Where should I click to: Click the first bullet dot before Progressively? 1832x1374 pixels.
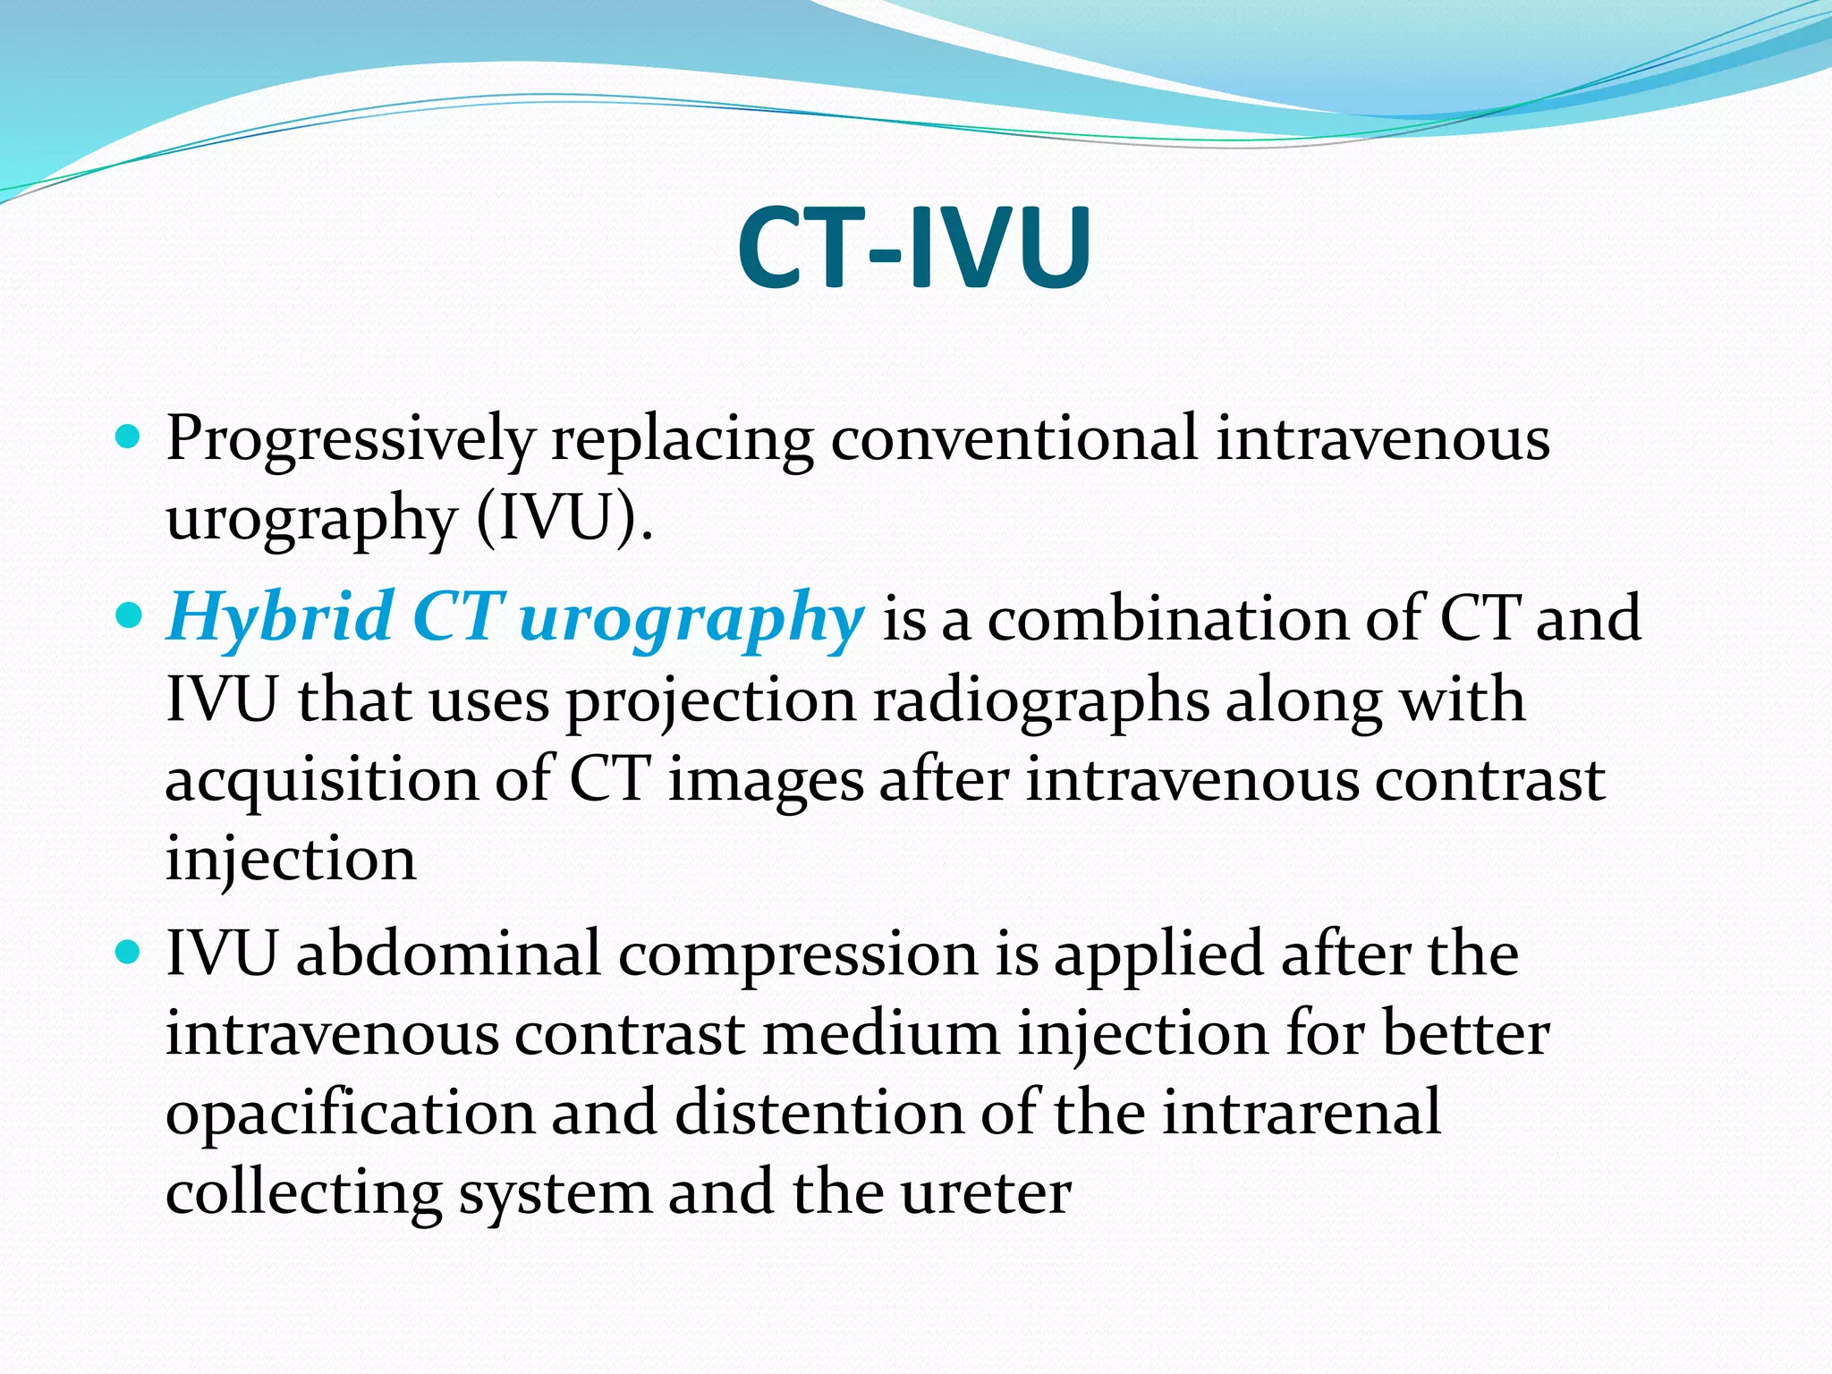tap(129, 437)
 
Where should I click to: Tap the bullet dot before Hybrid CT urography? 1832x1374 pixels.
tap(129, 616)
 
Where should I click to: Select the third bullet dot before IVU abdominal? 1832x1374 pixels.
tap(129, 953)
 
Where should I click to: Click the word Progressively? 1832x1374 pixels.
tap(350, 440)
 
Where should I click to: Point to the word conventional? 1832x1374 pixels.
tap(1014, 440)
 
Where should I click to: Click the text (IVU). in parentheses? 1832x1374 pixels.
tap(564, 519)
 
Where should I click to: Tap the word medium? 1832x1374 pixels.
tap(881, 1034)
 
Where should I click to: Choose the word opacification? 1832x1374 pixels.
tap(349, 1115)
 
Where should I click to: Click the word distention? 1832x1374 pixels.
tap(818, 1113)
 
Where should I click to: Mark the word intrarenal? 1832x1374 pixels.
tap(1301, 1113)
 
